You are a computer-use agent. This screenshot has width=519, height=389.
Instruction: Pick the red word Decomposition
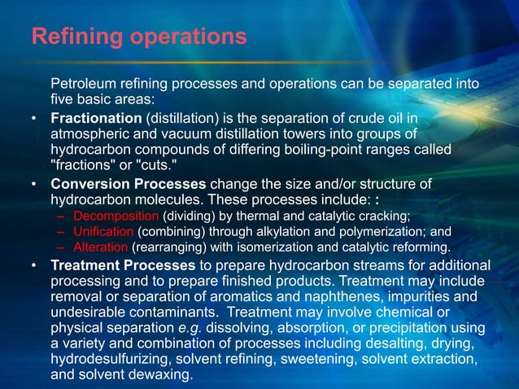(116, 216)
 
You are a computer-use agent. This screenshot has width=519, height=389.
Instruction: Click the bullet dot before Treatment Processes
(33, 265)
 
